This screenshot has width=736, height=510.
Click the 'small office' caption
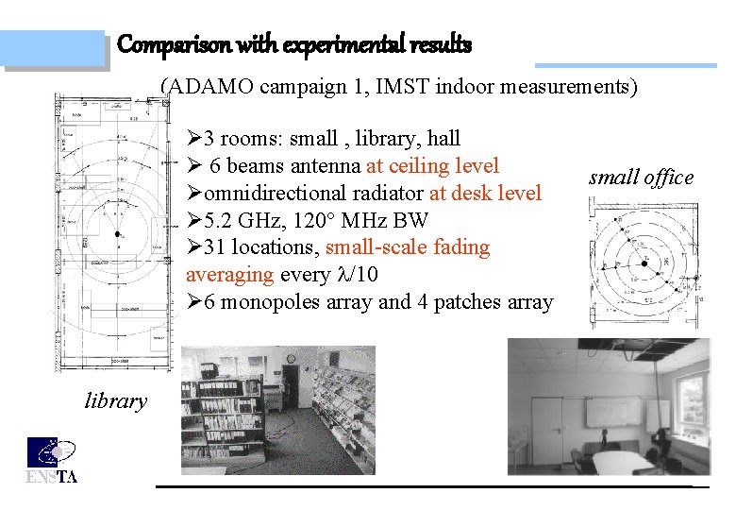pos(641,178)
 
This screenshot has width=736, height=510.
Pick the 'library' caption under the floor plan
pos(116,401)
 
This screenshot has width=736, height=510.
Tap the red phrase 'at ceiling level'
pos(432,166)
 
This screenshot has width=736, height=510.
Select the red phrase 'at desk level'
pos(485,194)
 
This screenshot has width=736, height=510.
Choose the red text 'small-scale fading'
pos(408,247)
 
